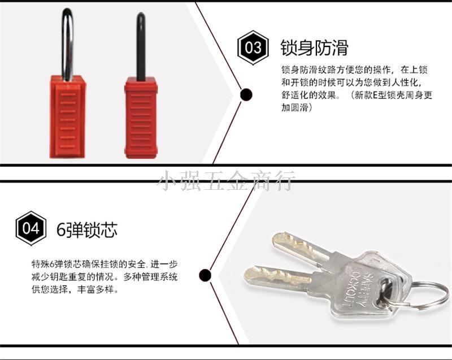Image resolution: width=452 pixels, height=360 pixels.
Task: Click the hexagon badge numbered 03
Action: point(253,47)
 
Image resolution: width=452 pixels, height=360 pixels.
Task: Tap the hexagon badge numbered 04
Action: point(31,228)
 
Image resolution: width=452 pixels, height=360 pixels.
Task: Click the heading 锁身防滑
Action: point(314,47)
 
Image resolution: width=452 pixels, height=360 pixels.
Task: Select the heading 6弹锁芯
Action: point(87,229)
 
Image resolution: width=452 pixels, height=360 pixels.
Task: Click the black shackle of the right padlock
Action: point(141,46)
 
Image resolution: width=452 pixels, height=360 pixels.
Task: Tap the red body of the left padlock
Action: point(67,117)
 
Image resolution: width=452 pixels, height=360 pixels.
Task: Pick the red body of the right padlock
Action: point(141,118)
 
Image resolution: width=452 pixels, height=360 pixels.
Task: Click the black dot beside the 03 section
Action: point(246,94)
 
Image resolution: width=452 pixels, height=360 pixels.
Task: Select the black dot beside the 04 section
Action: point(205,275)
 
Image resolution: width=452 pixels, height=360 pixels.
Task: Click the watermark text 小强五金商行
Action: point(227,181)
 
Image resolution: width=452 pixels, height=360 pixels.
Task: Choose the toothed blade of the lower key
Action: point(277,277)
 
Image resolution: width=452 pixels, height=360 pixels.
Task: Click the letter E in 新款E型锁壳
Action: point(375,95)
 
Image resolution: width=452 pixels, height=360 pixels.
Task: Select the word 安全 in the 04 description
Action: point(138,264)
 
